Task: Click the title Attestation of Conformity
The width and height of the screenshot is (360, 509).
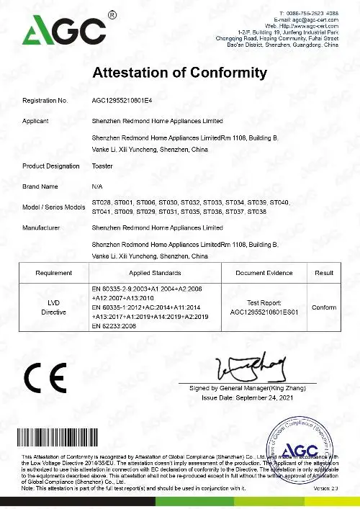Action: point(181,73)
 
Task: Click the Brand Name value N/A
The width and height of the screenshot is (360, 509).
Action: point(99,186)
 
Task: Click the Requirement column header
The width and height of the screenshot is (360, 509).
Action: point(53,273)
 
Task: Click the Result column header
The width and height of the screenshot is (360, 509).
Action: point(324,273)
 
